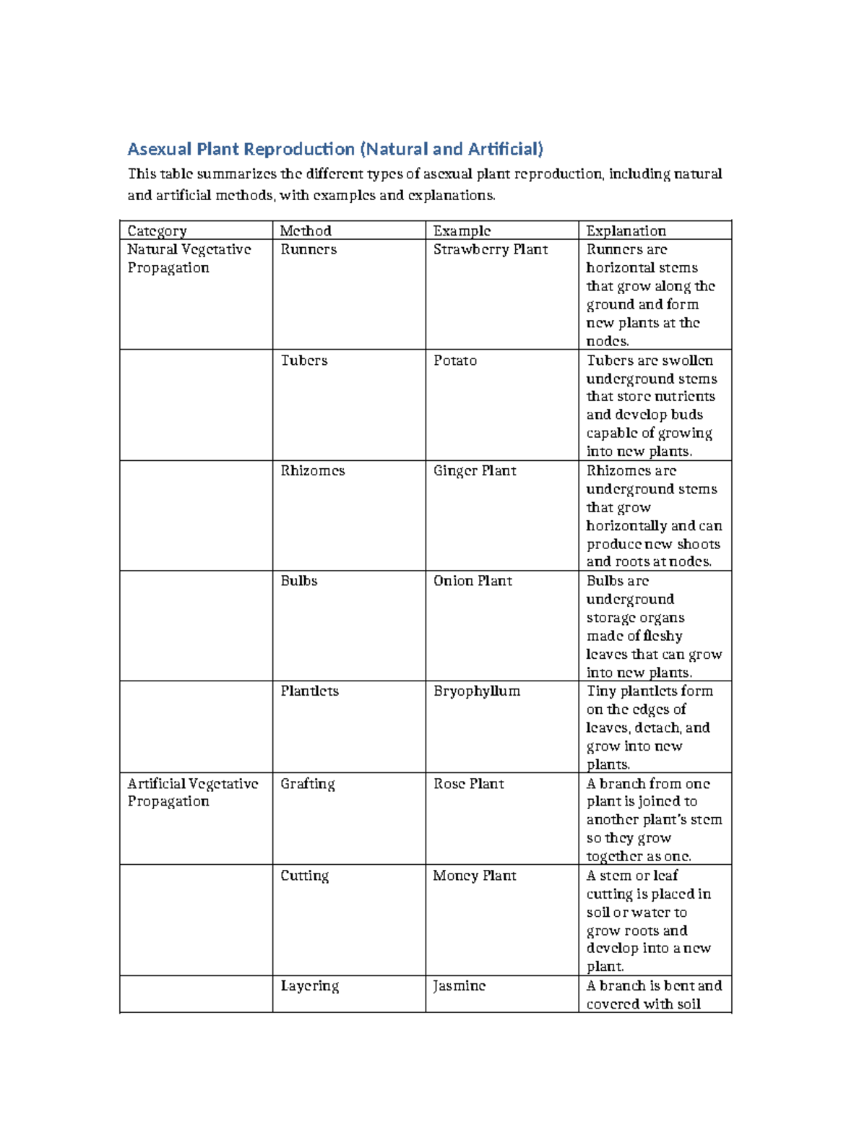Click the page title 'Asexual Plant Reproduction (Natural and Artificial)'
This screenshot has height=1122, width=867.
[335, 149]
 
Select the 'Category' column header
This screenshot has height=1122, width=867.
[157, 230]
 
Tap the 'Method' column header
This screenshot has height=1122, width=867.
[306, 230]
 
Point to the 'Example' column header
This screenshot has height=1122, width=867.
[462, 230]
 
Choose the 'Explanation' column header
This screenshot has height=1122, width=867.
[626, 230]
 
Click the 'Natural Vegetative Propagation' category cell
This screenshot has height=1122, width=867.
[189, 258]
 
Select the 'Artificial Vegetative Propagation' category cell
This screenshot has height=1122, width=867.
[192, 793]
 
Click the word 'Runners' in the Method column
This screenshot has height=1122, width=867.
[309, 249]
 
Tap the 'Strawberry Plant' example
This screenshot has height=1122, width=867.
[491, 249]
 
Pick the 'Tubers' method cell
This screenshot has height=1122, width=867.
[303, 360]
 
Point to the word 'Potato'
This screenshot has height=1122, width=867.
[455, 360]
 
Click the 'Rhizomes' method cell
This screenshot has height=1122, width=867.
[312, 470]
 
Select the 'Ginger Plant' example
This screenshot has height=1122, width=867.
[475, 470]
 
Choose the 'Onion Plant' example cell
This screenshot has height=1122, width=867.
[473, 581]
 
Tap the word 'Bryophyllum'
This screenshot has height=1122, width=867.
[477, 691]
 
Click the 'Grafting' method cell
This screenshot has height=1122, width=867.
[308, 784]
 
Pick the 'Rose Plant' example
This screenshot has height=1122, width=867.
[468, 784]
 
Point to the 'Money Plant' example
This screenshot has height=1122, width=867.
[475, 876]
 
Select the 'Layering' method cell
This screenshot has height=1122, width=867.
[310, 986]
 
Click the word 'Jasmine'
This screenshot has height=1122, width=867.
[459, 986]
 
